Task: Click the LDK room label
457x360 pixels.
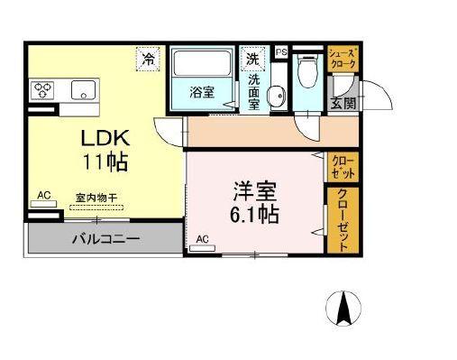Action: (106, 140)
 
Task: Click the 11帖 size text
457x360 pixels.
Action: (107, 163)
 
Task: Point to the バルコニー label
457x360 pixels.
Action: (105, 240)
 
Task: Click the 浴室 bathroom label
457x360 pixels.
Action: (202, 92)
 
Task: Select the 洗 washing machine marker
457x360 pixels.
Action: (253, 58)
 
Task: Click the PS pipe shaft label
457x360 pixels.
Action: (280, 51)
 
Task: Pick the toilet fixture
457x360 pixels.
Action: (307, 67)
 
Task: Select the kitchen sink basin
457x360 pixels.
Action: (83, 88)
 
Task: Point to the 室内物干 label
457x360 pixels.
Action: (95, 197)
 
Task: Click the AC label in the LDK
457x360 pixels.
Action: (43, 194)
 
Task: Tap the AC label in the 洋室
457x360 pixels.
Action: (202, 238)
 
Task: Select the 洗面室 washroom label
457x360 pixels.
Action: (255, 90)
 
